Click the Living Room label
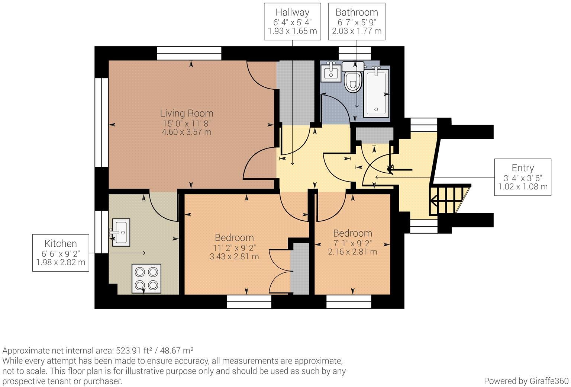click(186, 113)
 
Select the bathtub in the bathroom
click(377, 92)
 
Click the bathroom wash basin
click(330, 72)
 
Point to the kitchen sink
click(121, 233)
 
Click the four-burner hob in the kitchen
click(146, 279)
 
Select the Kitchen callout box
click(61, 253)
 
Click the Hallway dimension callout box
click(292, 22)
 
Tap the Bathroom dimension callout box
click(357, 22)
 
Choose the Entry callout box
click(522, 177)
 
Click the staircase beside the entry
click(448, 200)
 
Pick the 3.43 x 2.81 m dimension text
click(234, 256)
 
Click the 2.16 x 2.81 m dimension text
click(352, 252)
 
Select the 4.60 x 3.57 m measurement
click(186, 132)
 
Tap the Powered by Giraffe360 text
click(526, 381)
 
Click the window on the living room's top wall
click(189, 53)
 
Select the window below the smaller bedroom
click(349, 301)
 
